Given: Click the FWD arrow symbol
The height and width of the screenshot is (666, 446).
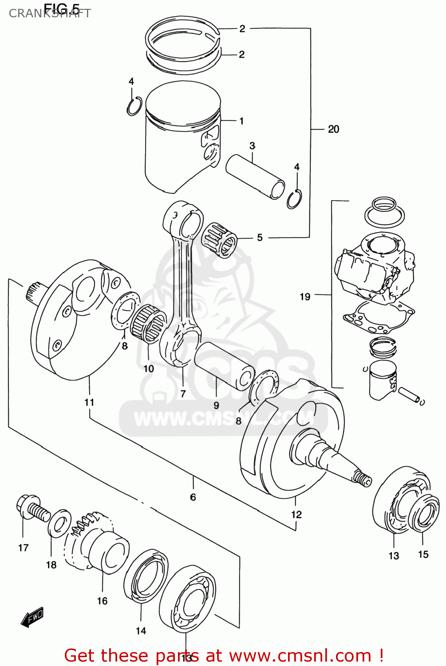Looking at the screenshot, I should (x=32, y=617).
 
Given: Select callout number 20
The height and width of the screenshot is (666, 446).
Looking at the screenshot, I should (x=333, y=129).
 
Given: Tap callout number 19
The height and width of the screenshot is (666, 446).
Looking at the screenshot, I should (x=305, y=297).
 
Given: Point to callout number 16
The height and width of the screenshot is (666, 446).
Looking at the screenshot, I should (x=102, y=601).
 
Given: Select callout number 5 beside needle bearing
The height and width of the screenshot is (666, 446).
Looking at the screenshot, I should (x=260, y=238).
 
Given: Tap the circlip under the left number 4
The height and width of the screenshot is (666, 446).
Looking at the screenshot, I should (x=134, y=106).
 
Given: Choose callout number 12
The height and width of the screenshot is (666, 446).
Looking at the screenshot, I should (x=296, y=514).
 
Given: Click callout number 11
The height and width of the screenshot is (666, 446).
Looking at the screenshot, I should (x=89, y=402).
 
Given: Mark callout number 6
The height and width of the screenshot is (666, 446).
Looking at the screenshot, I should (x=193, y=497).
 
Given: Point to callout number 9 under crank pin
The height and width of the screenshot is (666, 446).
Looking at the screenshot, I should (x=216, y=405).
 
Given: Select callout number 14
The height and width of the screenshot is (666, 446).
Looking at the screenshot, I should (x=141, y=630).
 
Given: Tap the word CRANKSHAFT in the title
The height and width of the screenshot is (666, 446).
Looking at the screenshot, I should (x=50, y=13).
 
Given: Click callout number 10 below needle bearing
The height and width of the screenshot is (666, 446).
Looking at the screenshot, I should (x=148, y=369).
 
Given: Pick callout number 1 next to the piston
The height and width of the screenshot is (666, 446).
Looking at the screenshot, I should (x=241, y=121).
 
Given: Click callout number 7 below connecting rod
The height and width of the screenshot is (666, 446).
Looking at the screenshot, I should (x=183, y=393).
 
